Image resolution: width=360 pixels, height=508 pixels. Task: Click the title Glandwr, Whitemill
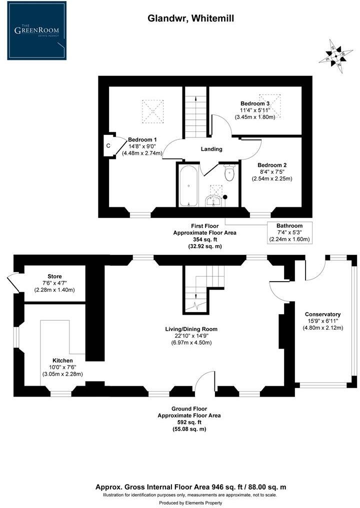click(190, 18)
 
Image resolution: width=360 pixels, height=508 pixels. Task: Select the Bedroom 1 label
click(142, 139)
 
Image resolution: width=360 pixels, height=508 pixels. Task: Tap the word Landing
click(211, 149)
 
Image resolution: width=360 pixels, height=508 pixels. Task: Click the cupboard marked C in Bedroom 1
click(108, 146)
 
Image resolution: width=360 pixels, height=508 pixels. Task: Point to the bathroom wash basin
click(214, 201)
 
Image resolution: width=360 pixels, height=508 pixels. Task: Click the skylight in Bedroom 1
click(153, 110)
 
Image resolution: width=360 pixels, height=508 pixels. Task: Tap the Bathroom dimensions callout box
click(290, 232)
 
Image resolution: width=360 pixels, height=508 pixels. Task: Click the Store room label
click(54, 276)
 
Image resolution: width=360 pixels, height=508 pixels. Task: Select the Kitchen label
click(62, 360)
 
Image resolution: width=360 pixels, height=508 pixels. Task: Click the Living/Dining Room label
click(191, 329)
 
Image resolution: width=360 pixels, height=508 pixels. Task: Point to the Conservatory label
click(323, 314)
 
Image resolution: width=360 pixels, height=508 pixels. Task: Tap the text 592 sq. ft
click(189, 422)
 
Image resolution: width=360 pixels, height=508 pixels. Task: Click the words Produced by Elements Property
click(190, 503)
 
